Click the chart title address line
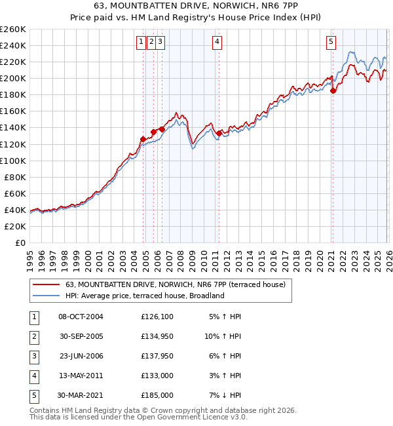tap(196, 7)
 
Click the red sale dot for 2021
tap(333, 91)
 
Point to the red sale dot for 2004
tap(143, 139)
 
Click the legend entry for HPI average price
tap(145, 296)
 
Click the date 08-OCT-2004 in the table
tap(81, 317)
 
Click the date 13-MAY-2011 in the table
tap(81, 376)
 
